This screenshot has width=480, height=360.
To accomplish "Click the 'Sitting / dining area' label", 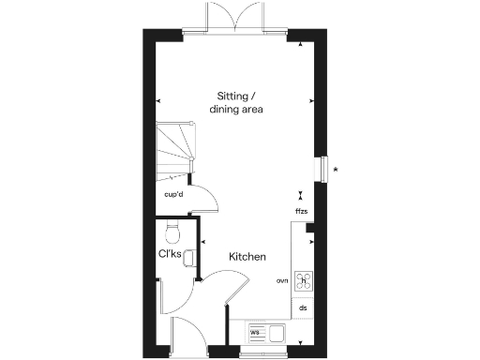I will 239,102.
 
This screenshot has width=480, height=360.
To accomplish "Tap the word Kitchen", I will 247,256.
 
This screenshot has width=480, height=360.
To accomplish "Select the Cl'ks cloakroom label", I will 169,253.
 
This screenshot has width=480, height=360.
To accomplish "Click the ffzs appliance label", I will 301,212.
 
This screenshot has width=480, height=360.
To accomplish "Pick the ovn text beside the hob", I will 281,280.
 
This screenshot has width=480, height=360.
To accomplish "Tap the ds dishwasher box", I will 303,307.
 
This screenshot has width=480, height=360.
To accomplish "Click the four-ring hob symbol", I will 304,280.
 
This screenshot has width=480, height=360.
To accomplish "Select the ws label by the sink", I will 254,330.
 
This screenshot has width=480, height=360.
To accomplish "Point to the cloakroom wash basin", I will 188,255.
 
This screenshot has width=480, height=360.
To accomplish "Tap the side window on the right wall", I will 323,167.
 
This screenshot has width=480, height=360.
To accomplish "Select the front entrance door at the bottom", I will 190,334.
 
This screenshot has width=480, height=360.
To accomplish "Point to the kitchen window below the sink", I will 265,354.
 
